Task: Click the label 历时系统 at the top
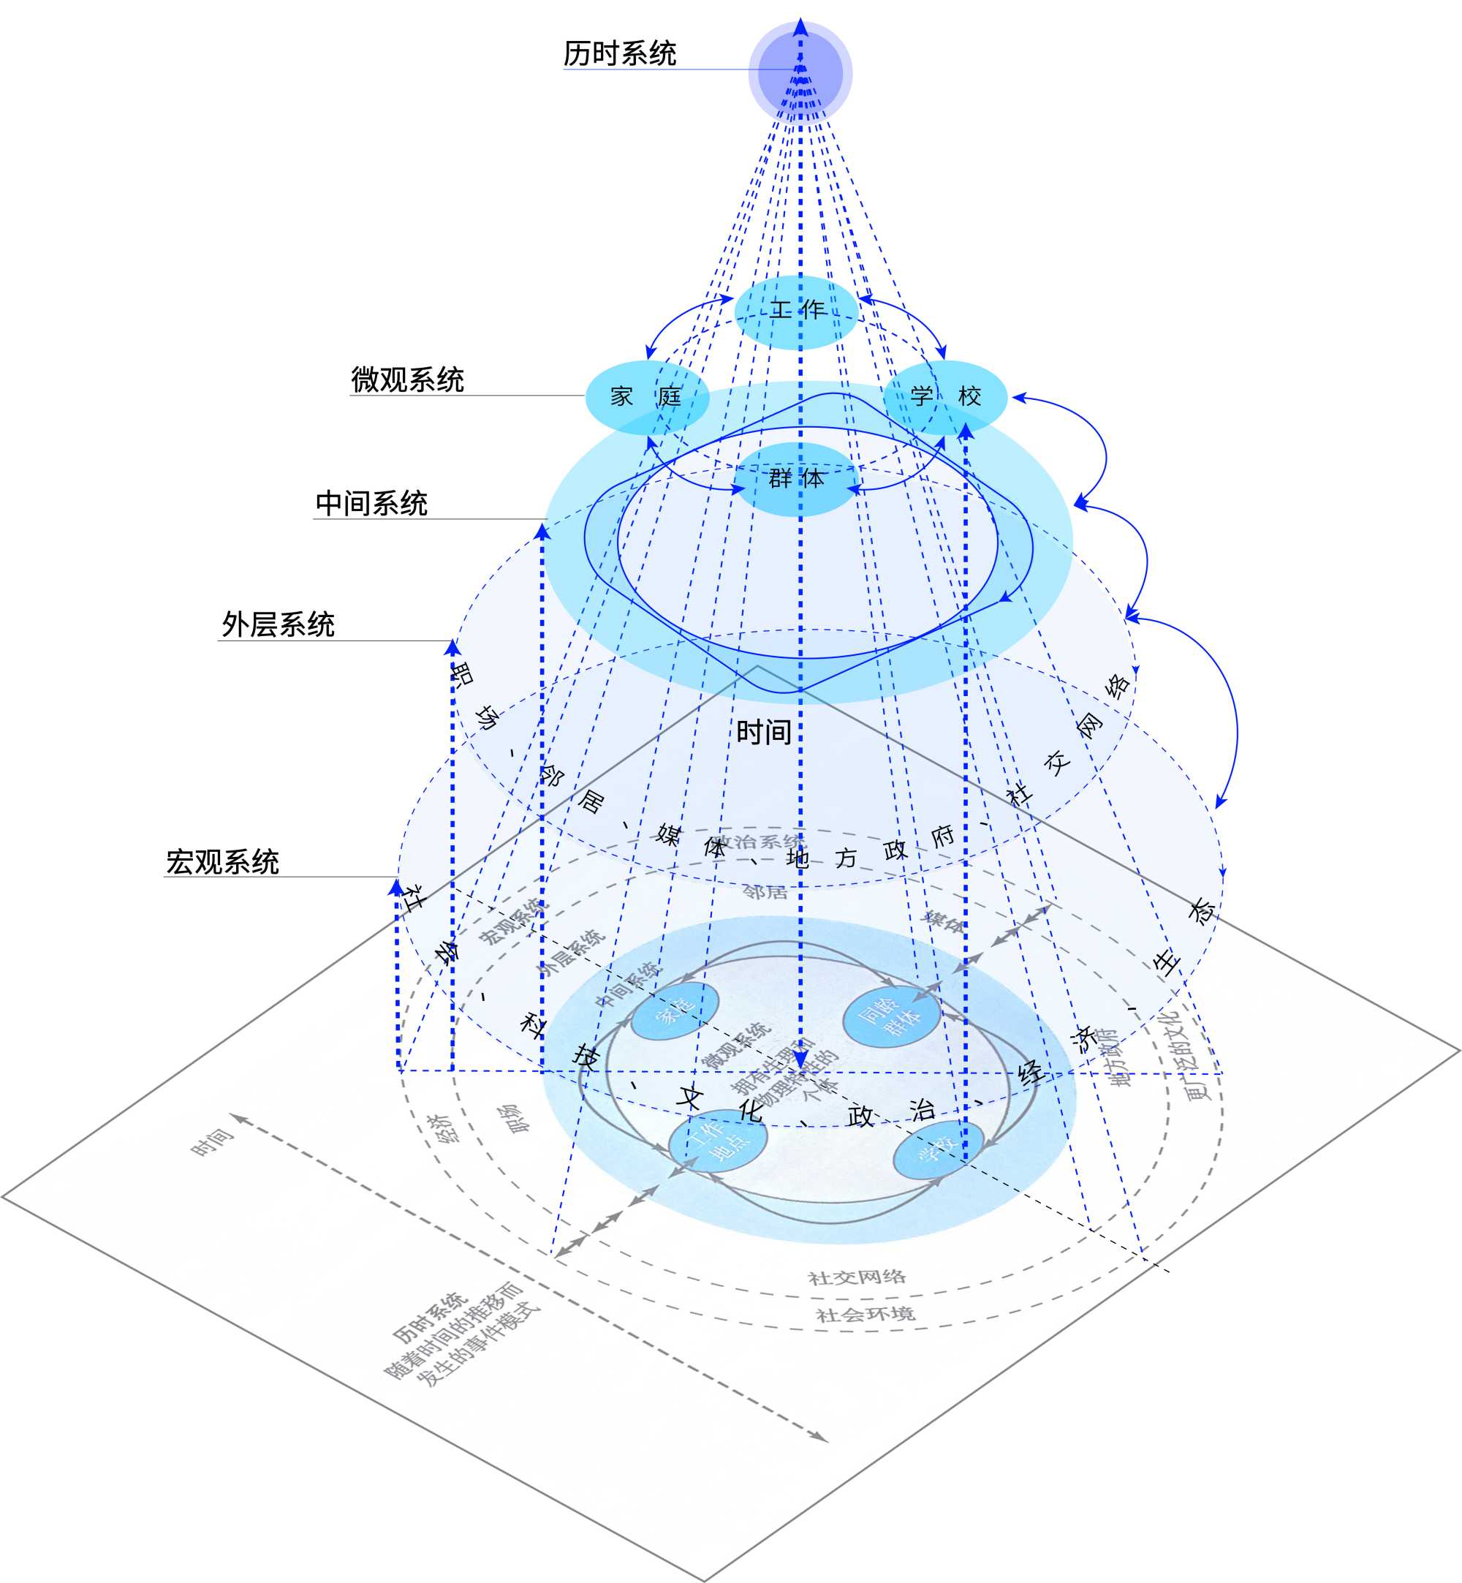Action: pos(619,53)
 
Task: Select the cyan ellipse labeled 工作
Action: pos(797,311)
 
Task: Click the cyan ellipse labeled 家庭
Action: pos(646,397)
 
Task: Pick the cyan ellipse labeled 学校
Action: pos(944,397)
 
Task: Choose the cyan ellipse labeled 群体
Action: pos(796,480)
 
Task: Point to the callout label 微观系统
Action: pos(407,379)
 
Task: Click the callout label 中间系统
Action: pos(371,503)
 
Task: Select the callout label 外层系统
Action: pos(278,625)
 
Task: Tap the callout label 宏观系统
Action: pos(222,861)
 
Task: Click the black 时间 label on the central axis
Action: pos(763,732)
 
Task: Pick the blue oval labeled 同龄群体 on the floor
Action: pos(892,1016)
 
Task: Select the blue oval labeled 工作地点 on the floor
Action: pos(718,1140)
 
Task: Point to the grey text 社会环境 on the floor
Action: pos(865,1314)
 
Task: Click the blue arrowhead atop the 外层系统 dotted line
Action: pos(452,648)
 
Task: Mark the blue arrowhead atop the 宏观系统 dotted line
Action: pos(396,887)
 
